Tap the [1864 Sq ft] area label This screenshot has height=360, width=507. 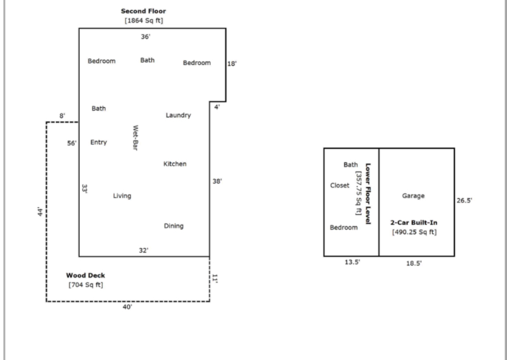[144, 20]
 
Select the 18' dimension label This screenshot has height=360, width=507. [232, 63]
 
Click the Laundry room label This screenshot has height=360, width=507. [178, 115]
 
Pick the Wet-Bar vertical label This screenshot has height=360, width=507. [135, 138]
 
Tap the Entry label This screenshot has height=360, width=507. [99, 142]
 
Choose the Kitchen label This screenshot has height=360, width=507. [175, 164]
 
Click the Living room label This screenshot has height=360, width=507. [122, 195]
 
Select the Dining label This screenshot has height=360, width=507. [174, 226]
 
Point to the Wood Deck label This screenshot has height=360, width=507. [85, 275]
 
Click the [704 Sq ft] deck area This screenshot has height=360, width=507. [85, 284]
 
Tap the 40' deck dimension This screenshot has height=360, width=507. [127, 307]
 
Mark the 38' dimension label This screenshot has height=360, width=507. [217, 181]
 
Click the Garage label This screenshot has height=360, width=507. [414, 196]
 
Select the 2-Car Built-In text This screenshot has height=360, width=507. [414, 222]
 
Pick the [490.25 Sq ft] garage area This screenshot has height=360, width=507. [414, 232]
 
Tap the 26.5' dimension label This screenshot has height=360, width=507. [464, 200]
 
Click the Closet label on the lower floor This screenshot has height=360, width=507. [340, 186]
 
